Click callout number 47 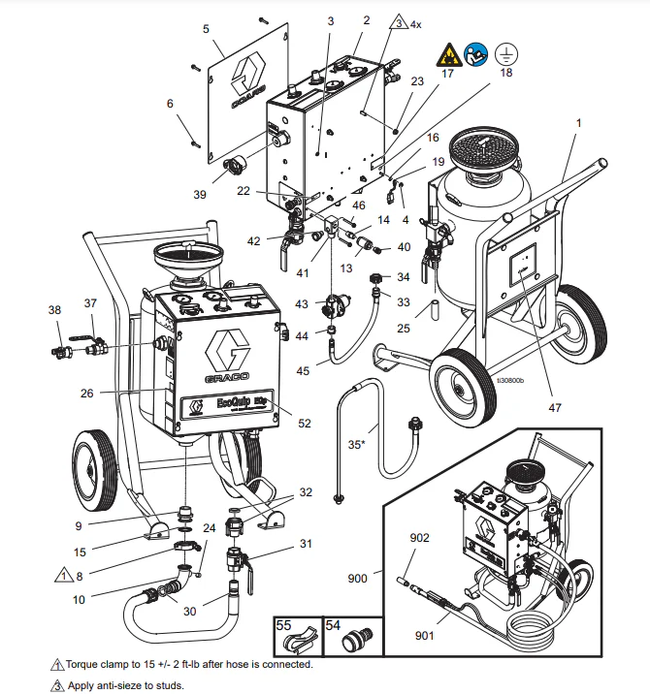pos(554,408)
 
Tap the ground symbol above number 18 pos(504,53)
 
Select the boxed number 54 pos(333,627)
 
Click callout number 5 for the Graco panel pos(206,30)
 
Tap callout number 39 pos(200,195)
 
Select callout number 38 pos(53,310)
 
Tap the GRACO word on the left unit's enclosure pos(226,374)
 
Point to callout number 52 pos(305,423)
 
